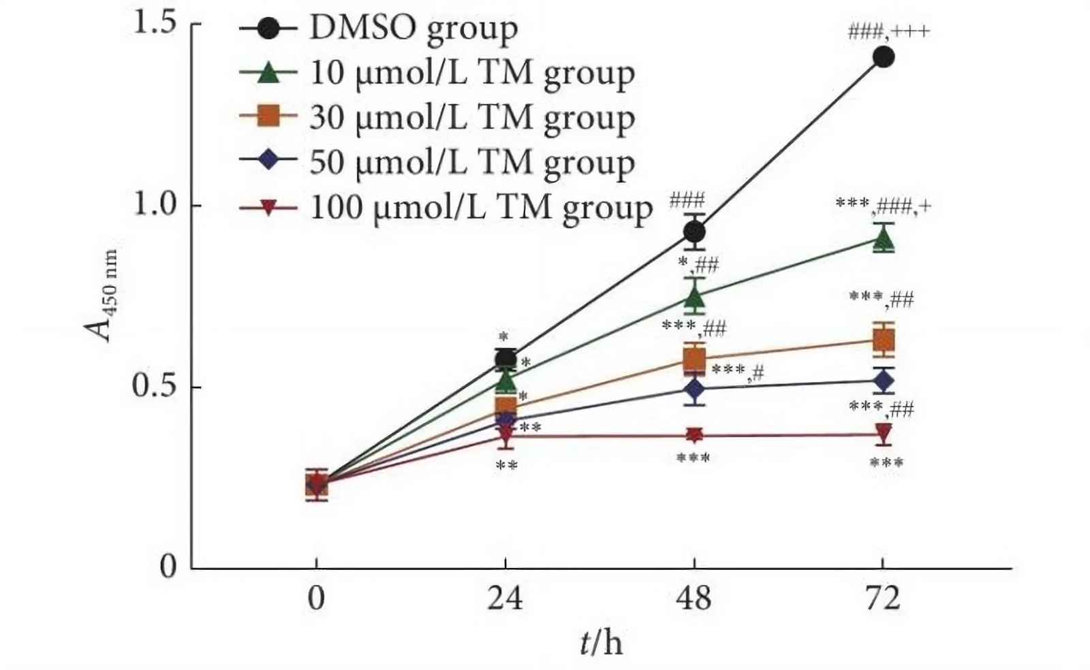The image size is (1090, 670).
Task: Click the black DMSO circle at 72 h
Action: click(884, 57)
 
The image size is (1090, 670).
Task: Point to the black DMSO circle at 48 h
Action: click(694, 233)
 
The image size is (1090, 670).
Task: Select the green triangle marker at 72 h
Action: click(884, 239)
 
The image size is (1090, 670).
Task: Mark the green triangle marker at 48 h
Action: click(694, 297)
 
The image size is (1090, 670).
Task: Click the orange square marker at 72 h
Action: click(884, 339)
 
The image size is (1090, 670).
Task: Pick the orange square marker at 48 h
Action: click(694, 358)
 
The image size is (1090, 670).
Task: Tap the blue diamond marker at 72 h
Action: click(884, 381)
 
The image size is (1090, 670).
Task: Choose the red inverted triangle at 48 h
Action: click(694, 435)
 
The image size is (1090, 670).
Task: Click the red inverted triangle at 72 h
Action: click(884, 434)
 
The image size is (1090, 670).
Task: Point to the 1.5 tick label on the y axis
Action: click(155, 24)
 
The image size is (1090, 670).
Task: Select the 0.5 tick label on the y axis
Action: click(155, 386)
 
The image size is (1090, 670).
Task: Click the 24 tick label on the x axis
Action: click(505, 599)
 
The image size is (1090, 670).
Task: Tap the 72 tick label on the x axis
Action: click(883, 599)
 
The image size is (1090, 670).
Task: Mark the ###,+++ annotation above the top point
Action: click(888, 31)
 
